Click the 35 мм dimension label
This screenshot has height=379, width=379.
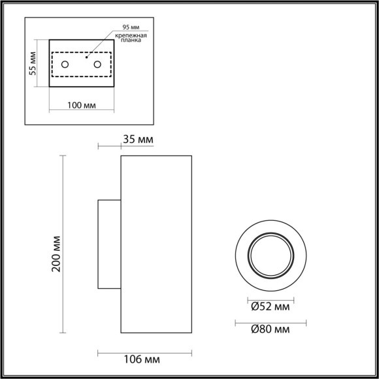click(137, 139)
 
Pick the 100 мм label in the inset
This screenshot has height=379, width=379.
click(82, 106)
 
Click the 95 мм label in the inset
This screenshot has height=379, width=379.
click(131, 27)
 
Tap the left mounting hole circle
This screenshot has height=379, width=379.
click(65, 64)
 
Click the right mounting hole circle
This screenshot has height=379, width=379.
click(98, 64)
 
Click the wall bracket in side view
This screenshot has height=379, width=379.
click(108, 244)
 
